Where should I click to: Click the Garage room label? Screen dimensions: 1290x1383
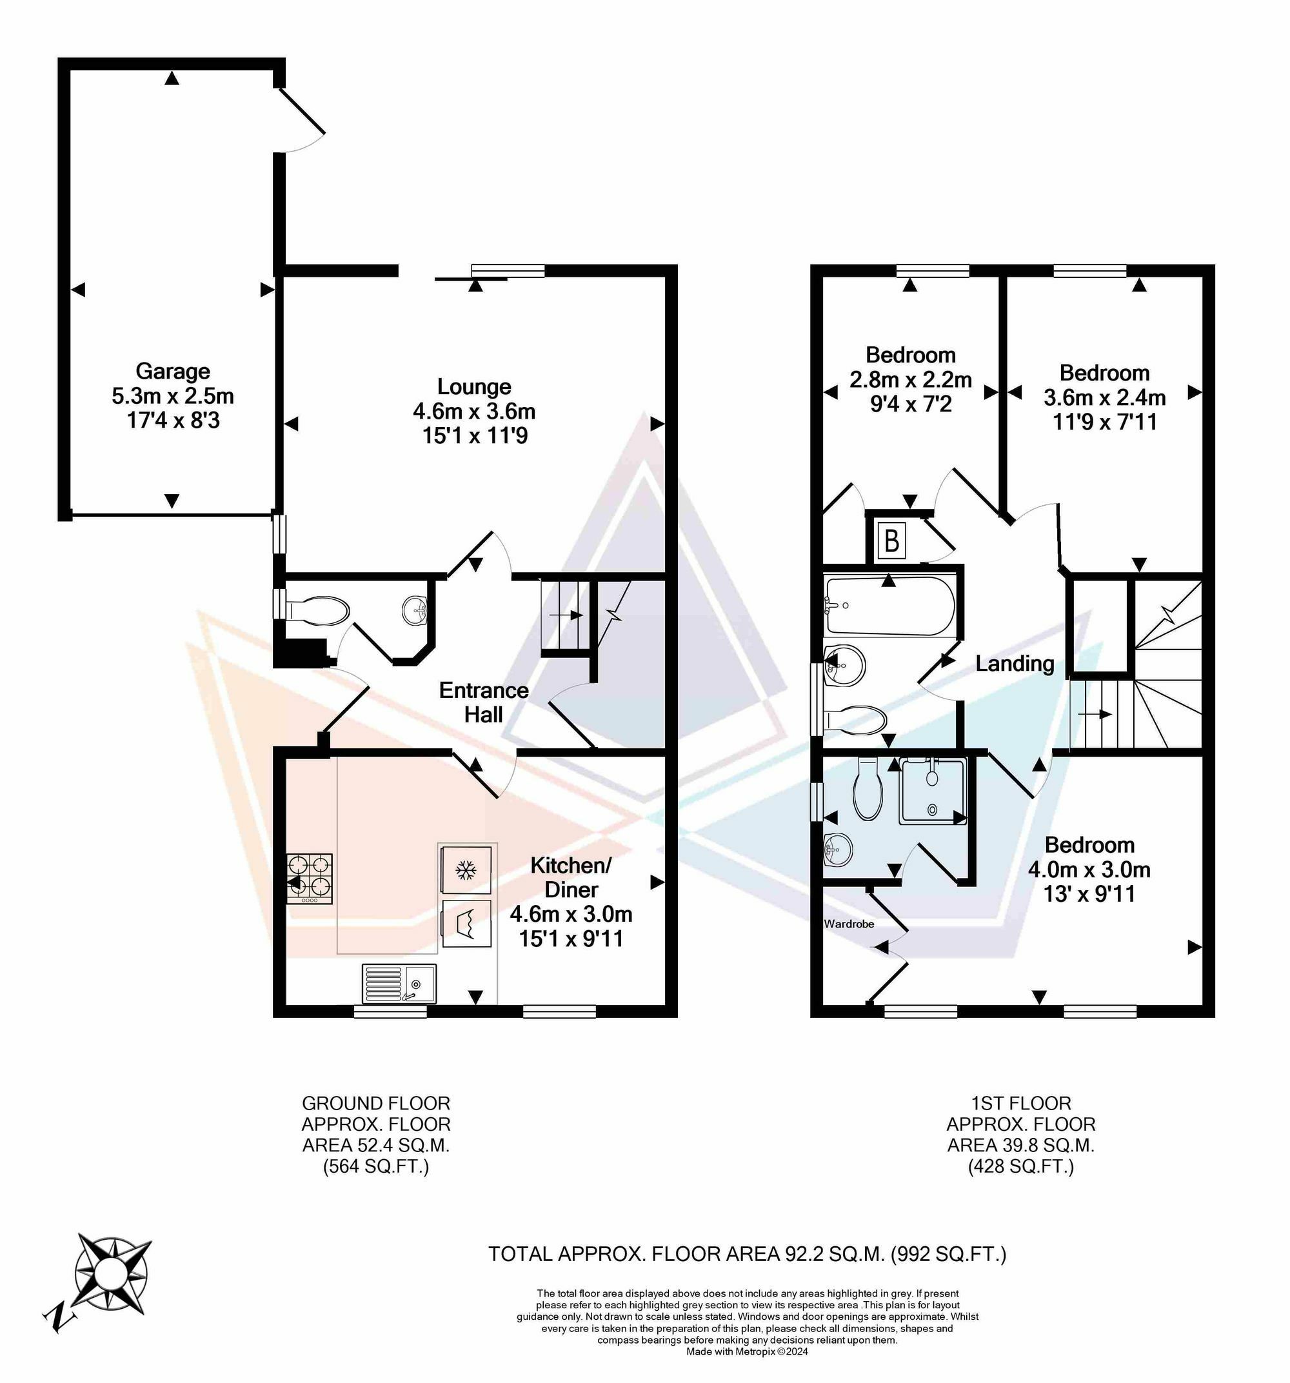tap(173, 371)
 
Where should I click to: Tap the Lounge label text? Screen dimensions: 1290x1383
tap(474, 386)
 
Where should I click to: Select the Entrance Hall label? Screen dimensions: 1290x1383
tap(484, 702)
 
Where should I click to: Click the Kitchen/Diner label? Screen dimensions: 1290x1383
tap(571, 877)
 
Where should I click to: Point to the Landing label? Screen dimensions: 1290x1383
tap(1015, 663)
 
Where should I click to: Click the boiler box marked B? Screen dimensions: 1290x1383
tap(891, 540)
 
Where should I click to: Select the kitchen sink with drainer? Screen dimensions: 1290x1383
tap(399, 983)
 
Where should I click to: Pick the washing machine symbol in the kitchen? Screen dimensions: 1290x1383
tap(466, 923)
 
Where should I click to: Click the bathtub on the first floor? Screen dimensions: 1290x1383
tap(889, 605)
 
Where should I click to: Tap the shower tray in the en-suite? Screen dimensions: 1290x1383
tap(933, 791)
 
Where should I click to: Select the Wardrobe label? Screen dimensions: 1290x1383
tap(849, 924)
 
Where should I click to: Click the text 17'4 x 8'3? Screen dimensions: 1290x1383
tap(173, 420)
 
